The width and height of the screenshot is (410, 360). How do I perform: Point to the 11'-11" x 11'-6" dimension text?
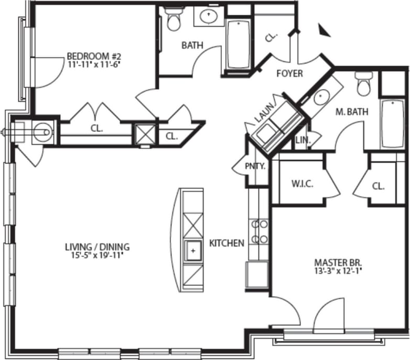coord(90,65)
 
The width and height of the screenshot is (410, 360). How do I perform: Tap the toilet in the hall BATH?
coord(172,19)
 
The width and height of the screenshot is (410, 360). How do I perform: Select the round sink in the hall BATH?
coord(209,17)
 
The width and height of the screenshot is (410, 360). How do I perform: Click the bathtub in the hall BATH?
coord(239,44)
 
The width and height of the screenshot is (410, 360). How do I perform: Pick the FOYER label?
coord(289,73)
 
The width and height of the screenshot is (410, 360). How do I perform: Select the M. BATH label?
coord(351,111)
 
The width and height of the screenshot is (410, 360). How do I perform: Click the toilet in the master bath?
coord(363,84)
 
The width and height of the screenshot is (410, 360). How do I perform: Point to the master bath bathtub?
coord(392,124)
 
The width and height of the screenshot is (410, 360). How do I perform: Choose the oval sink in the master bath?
coord(320,97)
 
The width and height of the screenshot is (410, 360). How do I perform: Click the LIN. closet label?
coord(303,140)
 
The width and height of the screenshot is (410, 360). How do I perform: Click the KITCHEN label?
coord(226,243)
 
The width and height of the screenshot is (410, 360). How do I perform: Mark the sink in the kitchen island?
coord(193,251)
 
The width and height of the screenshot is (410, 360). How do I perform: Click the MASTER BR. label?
coord(338,262)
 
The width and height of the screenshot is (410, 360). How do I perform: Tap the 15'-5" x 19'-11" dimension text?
coord(97,255)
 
